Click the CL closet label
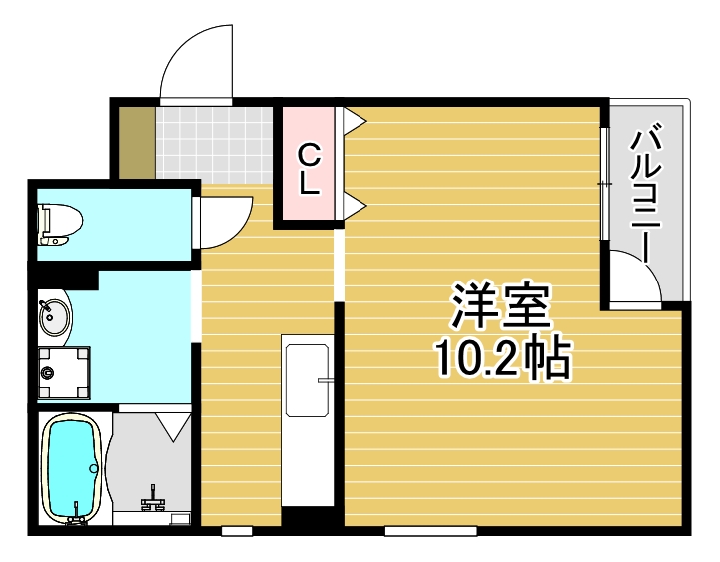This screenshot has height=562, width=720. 310,169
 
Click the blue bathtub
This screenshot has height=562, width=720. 71,467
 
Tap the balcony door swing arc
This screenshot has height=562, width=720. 635,276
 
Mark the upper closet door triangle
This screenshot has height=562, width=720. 355,121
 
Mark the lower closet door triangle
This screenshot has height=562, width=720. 355,207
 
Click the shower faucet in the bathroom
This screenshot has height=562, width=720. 154,496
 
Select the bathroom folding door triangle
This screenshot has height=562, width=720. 173,428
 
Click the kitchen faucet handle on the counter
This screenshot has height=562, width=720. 325,380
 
